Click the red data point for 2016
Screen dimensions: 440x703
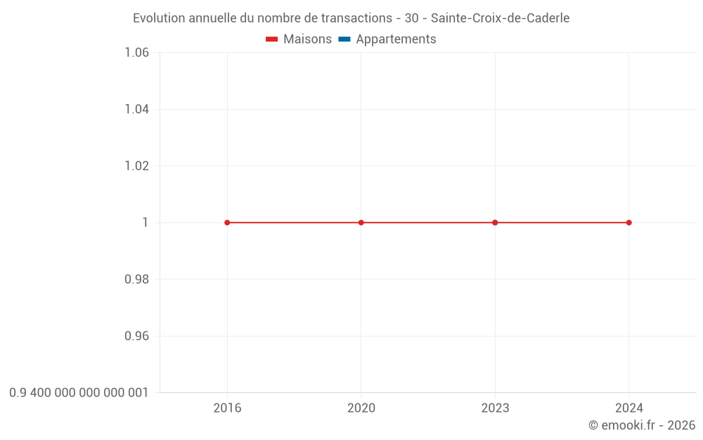pyautogui.click(x=227, y=222)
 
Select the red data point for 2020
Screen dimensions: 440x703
pyautogui.click(x=361, y=222)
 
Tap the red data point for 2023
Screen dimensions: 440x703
pyautogui.click(x=495, y=222)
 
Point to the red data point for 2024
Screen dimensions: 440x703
pyautogui.click(x=628, y=222)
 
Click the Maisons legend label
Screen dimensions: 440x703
pyautogui.click(x=307, y=39)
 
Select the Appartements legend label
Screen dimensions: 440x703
pyautogui.click(x=396, y=39)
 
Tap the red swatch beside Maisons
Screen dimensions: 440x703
pyautogui.click(x=272, y=39)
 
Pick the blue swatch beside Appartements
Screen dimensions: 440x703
pyautogui.click(x=344, y=39)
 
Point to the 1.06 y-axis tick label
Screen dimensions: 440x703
pyautogui.click(x=136, y=53)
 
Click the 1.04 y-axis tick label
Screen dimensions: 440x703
pyautogui.click(x=136, y=109)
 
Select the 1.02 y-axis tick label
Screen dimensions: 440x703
pyautogui.click(x=136, y=166)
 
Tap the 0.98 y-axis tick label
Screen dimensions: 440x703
pyautogui.click(x=136, y=279)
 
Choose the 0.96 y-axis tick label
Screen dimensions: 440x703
pyautogui.click(x=136, y=336)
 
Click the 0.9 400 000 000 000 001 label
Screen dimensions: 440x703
pyautogui.click(x=79, y=393)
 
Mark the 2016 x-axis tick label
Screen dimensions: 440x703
pyautogui.click(x=227, y=408)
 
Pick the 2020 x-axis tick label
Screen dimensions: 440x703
pyautogui.click(x=361, y=408)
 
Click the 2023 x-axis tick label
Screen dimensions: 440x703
pyautogui.click(x=495, y=408)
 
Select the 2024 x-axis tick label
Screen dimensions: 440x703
pyautogui.click(x=628, y=408)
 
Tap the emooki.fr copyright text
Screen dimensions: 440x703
pyautogui.click(x=641, y=425)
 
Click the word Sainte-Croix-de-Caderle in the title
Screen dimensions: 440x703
pyautogui.click(x=500, y=18)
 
